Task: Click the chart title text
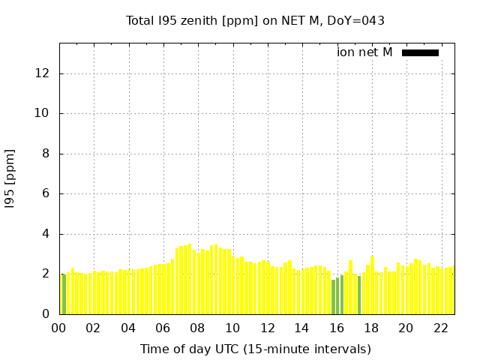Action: [x=255, y=20]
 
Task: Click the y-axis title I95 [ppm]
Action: [x=10, y=178]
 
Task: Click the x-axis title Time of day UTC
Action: [x=255, y=349]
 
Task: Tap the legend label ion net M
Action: [x=364, y=52]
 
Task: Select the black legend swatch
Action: [x=420, y=52]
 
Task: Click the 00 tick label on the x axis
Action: [x=59, y=328]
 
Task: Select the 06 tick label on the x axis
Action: [x=163, y=328]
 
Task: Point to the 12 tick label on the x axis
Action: [x=267, y=328]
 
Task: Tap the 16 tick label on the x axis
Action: [x=337, y=328]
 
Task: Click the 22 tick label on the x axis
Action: [x=440, y=328]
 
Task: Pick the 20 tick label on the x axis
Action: [x=406, y=328]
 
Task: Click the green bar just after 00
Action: [x=64, y=295]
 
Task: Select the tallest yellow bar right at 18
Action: [x=372, y=286]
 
